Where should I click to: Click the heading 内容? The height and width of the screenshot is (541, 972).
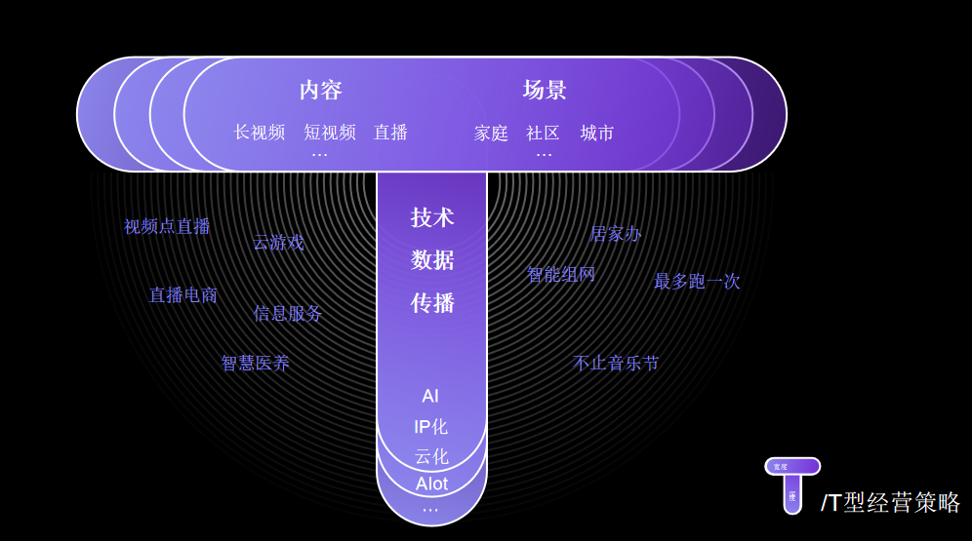[x=321, y=91]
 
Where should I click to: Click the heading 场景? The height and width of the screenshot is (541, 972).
[x=545, y=91]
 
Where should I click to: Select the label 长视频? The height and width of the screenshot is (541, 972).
[x=260, y=133]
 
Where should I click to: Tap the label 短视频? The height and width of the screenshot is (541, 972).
[x=330, y=133]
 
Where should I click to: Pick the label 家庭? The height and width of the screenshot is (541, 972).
[x=491, y=134]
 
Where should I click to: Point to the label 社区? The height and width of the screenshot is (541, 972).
[x=543, y=134]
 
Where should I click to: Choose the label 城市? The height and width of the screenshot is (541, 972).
[x=597, y=134]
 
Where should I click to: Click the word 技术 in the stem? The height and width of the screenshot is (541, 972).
[x=432, y=217]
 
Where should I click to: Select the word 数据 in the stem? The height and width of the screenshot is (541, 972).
[x=432, y=260]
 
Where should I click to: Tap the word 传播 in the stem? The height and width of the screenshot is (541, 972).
[x=432, y=303]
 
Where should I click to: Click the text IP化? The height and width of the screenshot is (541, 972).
[x=430, y=427]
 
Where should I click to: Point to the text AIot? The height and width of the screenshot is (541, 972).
[x=431, y=484]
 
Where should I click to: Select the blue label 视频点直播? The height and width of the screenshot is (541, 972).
[x=167, y=226]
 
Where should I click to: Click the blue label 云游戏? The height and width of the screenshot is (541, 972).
[x=278, y=243]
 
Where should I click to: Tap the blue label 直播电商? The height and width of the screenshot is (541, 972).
[x=183, y=295]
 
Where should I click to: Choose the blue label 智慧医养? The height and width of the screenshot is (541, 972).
[x=256, y=364]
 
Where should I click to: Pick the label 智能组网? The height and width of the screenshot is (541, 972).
[x=560, y=275]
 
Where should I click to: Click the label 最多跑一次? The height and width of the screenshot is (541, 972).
[x=697, y=282]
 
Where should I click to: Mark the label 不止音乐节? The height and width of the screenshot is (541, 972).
[x=616, y=364]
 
